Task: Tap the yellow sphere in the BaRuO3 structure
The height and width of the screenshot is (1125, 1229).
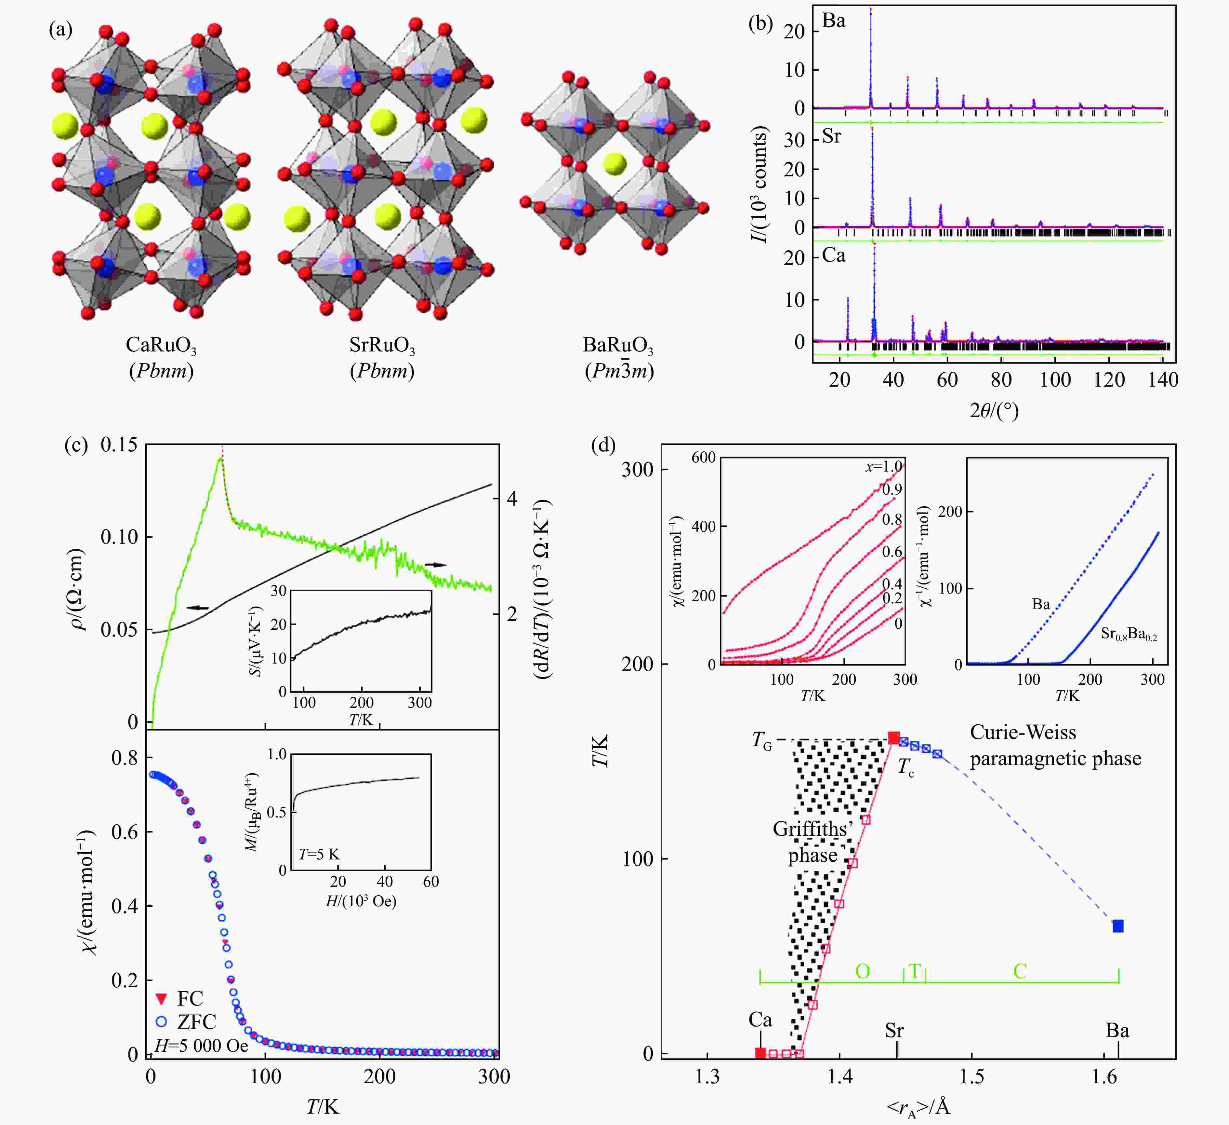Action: [x=614, y=163]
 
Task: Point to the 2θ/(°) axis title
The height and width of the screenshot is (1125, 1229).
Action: [x=994, y=411]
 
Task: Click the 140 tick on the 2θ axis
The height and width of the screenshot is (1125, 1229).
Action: [x=1163, y=379]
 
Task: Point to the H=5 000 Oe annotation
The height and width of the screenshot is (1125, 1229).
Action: [x=201, y=1046]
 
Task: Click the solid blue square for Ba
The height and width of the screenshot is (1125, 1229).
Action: [x=1117, y=926]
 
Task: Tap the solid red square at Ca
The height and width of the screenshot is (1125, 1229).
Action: [x=760, y=1053]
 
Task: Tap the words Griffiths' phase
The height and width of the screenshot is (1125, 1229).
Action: [x=813, y=842]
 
